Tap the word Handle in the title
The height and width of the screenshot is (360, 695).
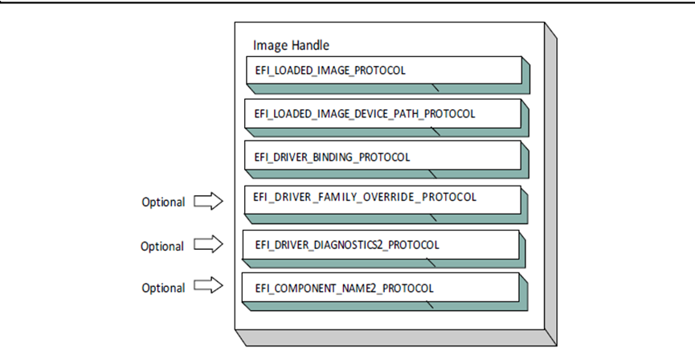click(x=310, y=45)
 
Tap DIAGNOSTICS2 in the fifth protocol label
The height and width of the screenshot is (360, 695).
click(x=350, y=244)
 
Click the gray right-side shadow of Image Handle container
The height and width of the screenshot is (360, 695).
click(x=550, y=185)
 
